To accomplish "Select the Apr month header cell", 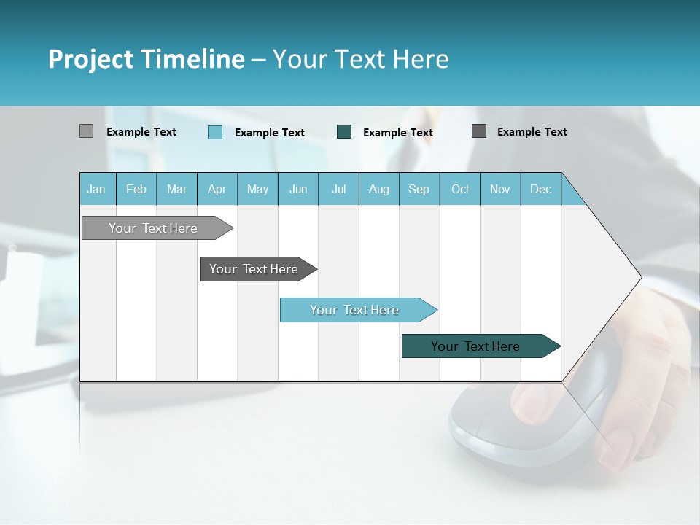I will [217, 189].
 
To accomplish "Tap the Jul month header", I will [339, 189].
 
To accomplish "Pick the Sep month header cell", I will [419, 189].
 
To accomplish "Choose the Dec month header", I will [541, 189].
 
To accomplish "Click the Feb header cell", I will [136, 189].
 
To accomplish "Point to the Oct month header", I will [460, 189].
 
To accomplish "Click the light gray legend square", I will [86, 131].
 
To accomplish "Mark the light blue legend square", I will [214, 132].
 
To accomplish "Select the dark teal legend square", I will [344, 132].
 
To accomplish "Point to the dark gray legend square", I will [479, 131].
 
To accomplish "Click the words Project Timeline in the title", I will [147, 59].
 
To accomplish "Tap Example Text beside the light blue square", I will [270, 133].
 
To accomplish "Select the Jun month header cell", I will [298, 189].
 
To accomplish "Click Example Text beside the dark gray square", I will [532, 132].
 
